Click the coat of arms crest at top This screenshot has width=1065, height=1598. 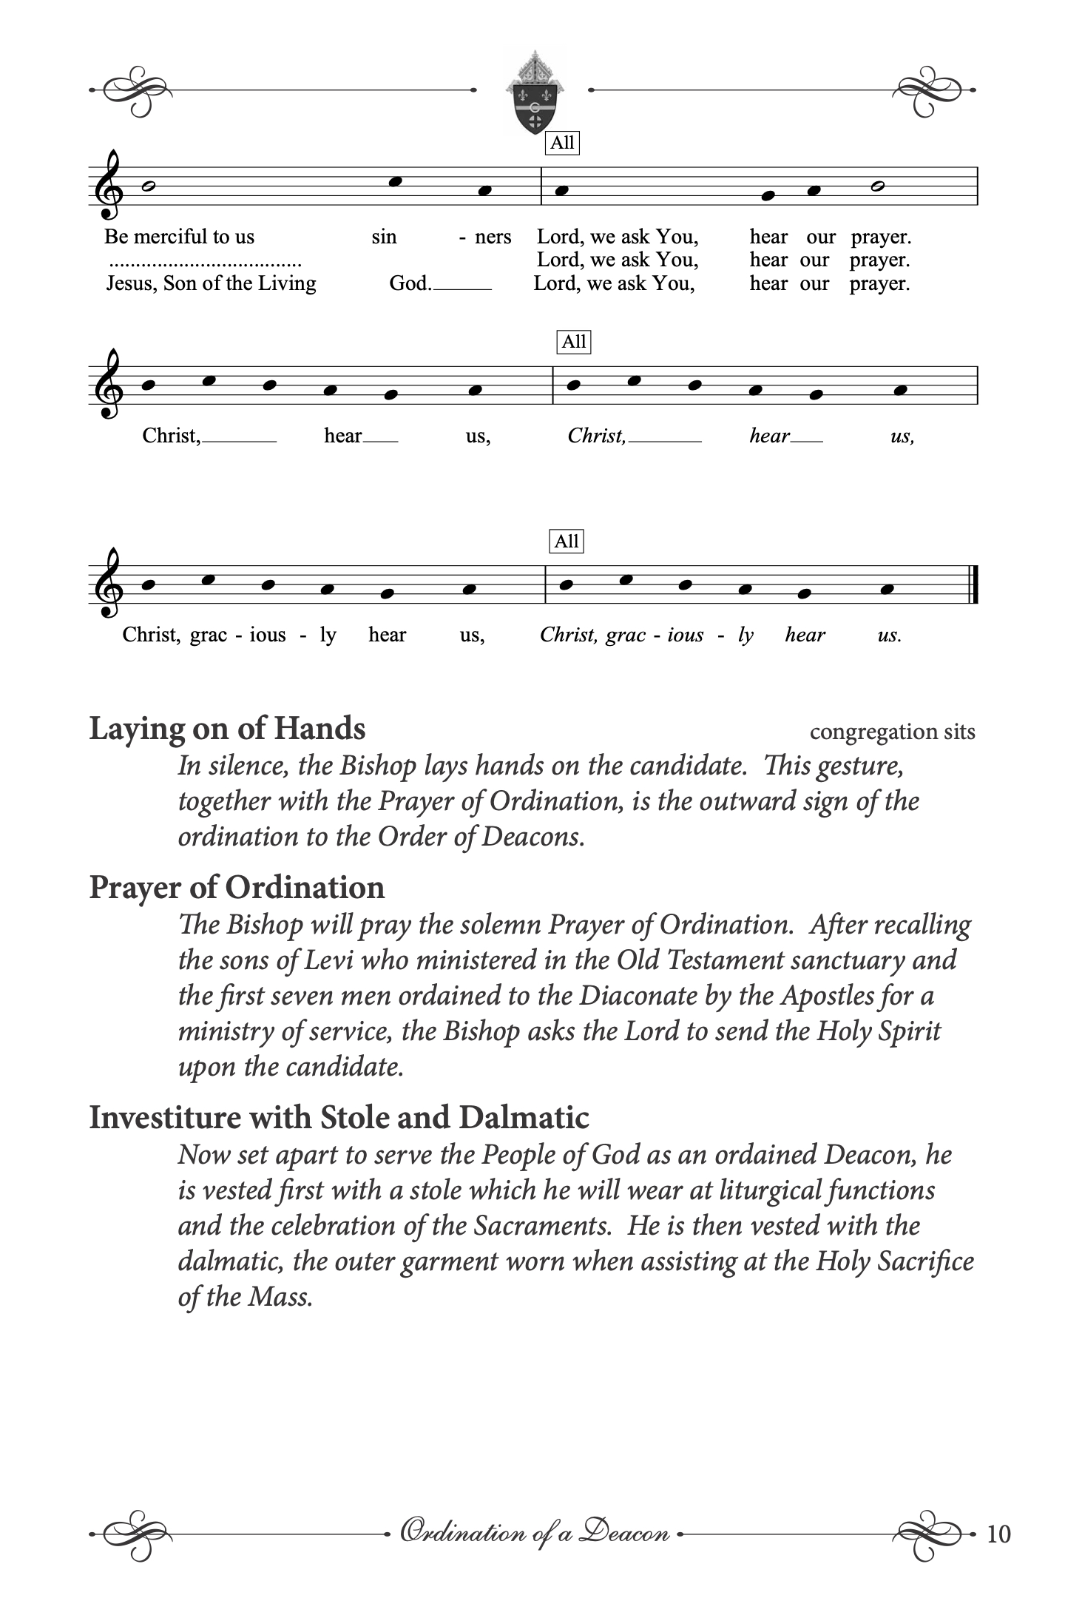(x=533, y=94)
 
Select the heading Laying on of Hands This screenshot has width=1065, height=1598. (x=227, y=729)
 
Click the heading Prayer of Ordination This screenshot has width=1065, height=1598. (x=237, y=887)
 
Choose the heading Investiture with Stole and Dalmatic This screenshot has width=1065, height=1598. (x=339, y=1117)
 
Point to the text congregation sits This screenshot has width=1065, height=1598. (x=892, y=732)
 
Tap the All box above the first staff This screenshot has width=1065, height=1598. (x=562, y=143)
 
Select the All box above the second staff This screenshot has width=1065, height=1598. (x=574, y=342)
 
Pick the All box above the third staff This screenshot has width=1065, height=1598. (x=567, y=542)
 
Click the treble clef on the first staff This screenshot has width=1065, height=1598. (x=108, y=186)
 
